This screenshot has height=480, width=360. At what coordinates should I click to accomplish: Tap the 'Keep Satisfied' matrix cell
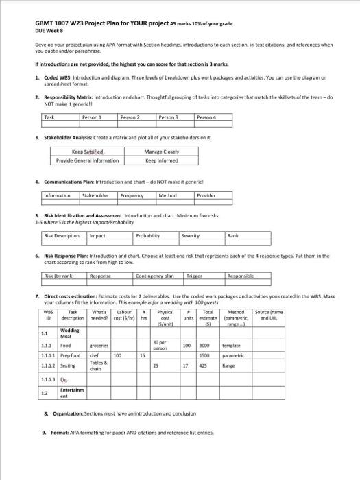pos(88,152)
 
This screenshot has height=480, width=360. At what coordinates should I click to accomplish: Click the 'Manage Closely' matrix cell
pos(162,152)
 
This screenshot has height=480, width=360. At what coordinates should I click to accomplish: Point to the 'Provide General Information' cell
pos(88,160)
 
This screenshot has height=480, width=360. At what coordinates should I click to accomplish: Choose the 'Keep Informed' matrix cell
pos(162,160)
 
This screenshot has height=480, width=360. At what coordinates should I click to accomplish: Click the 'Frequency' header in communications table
pos(132,195)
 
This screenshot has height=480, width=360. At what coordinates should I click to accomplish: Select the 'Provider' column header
pos(206,195)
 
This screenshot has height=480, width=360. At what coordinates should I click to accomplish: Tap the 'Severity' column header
pos(190,235)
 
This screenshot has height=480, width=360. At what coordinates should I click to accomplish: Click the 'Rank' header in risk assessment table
pos(235,235)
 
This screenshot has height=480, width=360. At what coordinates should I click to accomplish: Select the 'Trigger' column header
pos(195,275)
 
